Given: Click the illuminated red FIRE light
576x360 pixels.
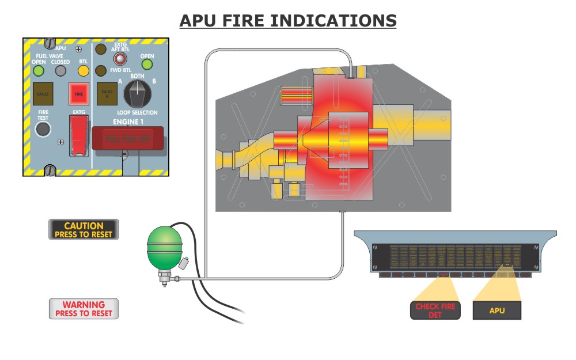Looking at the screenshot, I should click(78, 92).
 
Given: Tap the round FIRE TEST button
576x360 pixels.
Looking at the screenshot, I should click(43, 129).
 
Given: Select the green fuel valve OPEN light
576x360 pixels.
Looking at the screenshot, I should click(39, 71).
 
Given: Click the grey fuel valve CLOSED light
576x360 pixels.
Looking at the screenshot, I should click(60, 71).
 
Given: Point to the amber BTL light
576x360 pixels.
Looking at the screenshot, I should click(84, 71).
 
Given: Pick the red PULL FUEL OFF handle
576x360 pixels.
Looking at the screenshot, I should click(128, 139).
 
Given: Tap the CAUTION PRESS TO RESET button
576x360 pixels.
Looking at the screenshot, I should click(84, 230).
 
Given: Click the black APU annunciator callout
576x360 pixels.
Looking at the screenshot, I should click(497, 310).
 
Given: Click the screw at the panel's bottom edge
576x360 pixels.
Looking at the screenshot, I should click(50, 170).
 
